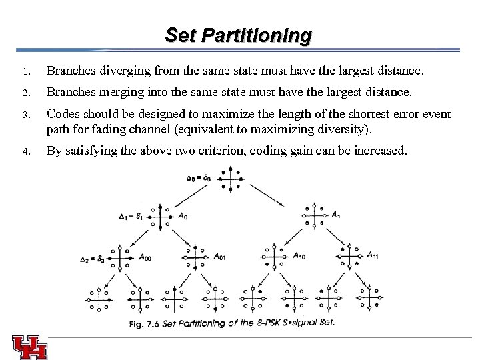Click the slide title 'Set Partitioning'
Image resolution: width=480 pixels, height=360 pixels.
coord(238,35)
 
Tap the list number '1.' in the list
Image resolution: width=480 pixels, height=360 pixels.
coord(22,71)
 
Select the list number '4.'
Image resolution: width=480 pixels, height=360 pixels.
coord(22,152)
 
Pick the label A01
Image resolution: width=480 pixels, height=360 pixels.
coord(219,255)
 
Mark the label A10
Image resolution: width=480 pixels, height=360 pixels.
coord(299,255)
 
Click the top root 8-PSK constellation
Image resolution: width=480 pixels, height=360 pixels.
coord(231,179)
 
